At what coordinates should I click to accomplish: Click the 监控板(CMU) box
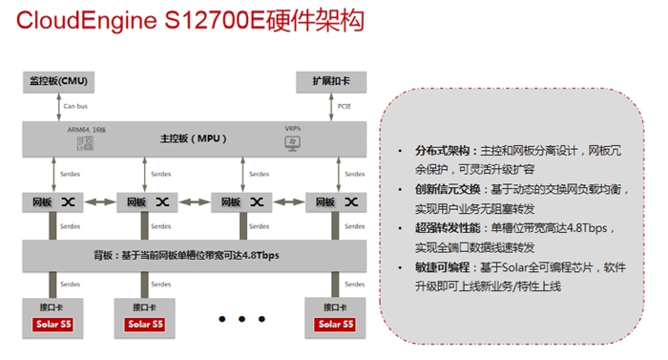coord(58,80)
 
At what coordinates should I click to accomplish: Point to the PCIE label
coord(344,107)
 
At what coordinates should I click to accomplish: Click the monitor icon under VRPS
coord(292,143)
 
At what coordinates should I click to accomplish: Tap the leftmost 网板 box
coord(53,202)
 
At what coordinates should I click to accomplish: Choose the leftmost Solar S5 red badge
coord(53,325)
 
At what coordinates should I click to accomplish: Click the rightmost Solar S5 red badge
coord(335,325)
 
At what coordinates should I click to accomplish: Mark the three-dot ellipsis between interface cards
coord(240,319)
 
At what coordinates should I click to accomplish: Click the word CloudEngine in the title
coord(90,20)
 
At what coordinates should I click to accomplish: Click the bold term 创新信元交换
coord(442,191)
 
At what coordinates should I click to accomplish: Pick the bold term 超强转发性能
coord(442,229)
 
